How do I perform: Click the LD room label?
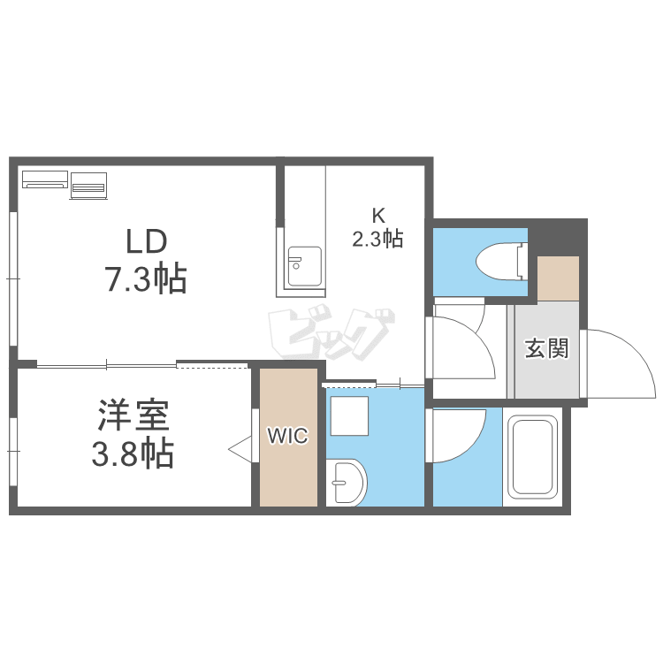coord(146,241)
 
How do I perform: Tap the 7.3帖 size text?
coord(146,278)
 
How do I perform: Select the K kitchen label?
coord(378,216)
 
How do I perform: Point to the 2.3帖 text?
coord(377,239)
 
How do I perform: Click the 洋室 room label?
coord(133,415)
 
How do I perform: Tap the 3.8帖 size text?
coord(133,453)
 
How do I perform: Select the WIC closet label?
coord(288,436)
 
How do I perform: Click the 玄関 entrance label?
coord(546,349)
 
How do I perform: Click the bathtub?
coord(532,457)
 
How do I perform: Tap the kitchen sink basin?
coord(304,266)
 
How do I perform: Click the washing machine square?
coord(349,415)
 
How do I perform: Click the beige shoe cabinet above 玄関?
coord(558,278)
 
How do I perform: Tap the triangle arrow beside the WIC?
coord(240,448)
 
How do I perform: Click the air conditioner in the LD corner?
coord(45,179)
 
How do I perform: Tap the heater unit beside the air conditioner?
coord(88,186)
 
